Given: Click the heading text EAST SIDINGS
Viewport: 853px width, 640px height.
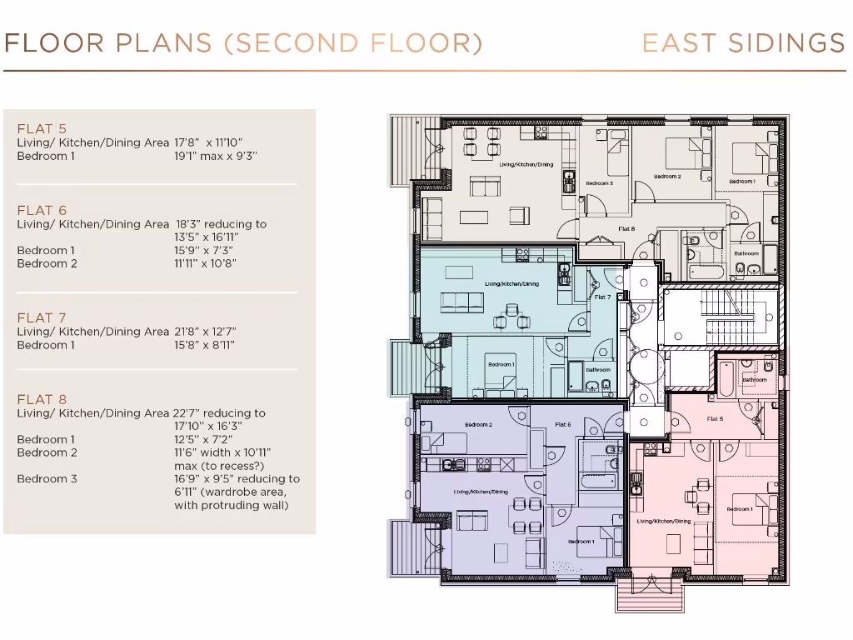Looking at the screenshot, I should [x=743, y=43].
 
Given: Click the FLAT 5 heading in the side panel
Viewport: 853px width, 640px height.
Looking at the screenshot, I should [x=42, y=129].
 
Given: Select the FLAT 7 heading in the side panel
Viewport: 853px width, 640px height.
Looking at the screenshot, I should [x=42, y=317].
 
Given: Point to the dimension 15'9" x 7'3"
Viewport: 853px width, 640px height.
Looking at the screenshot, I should [x=204, y=251].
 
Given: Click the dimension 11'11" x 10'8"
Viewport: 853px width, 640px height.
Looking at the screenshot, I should [x=206, y=264].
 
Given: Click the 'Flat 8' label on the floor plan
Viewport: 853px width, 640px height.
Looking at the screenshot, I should [x=626, y=228].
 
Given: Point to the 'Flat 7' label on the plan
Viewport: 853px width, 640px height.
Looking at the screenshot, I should [x=602, y=297].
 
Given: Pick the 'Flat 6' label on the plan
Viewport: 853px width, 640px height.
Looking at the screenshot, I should [x=562, y=425].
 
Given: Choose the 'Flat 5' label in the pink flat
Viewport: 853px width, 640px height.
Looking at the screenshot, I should [x=715, y=418].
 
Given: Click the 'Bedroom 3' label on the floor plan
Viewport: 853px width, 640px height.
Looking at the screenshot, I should [x=599, y=183].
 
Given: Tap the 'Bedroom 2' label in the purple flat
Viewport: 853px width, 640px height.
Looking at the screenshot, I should [x=478, y=425].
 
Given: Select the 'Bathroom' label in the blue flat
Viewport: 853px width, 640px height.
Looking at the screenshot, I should [x=597, y=370].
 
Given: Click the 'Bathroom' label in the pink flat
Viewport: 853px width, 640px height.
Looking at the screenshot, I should [x=755, y=379].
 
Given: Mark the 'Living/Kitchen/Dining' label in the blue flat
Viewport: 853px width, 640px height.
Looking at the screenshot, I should [x=511, y=284].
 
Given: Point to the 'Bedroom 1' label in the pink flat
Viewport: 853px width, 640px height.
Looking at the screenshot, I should [x=739, y=508].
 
